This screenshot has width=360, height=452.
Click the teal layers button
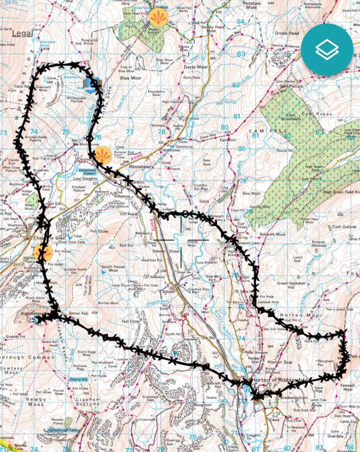(327, 49)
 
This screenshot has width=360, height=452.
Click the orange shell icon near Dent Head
(158, 18)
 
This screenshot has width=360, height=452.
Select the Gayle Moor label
(195, 67)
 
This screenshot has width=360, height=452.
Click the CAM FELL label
(262, 131)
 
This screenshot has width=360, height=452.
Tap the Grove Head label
(287, 33)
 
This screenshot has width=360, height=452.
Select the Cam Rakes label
(313, 114)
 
